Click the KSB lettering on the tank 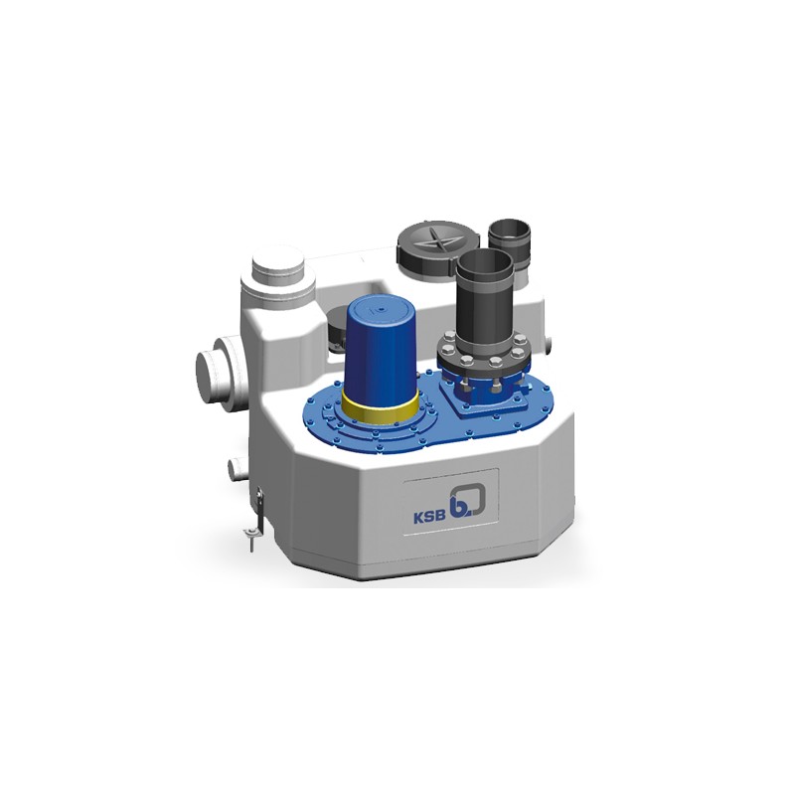(x=430, y=517)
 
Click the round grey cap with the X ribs (x=432, y=245)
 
